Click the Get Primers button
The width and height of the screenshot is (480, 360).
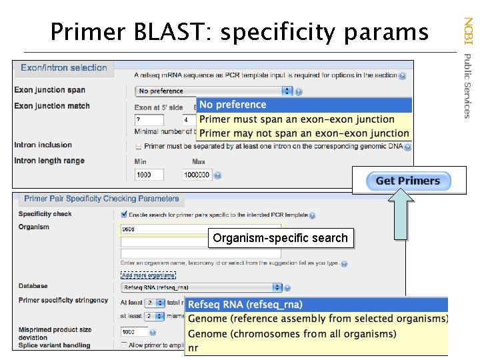[408, 181]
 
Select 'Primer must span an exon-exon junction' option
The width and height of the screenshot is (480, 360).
[297, 119]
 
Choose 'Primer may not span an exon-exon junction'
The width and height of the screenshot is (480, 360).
[303, 133]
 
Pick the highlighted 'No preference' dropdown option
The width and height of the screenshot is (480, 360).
[233, 105]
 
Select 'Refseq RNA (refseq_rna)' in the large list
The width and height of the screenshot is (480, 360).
[245, 305]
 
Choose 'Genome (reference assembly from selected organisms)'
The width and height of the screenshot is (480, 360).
[317, 319]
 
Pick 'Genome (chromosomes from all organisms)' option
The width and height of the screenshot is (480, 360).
[292, 333]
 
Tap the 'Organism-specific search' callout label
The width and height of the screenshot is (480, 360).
[280, 238]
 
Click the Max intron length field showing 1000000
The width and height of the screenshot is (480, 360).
[197, 175]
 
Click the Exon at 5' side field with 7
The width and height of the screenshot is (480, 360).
[148, 120]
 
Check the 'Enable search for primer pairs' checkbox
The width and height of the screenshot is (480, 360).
[124, 215]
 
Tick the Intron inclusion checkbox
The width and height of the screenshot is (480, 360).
[138, 146]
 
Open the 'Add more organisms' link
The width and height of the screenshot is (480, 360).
[148, 275]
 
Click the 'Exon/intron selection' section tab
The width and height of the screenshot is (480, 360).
[64, 68]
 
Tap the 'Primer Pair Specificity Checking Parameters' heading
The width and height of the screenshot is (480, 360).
[101, 199]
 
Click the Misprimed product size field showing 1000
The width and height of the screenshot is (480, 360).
[133, 331]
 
